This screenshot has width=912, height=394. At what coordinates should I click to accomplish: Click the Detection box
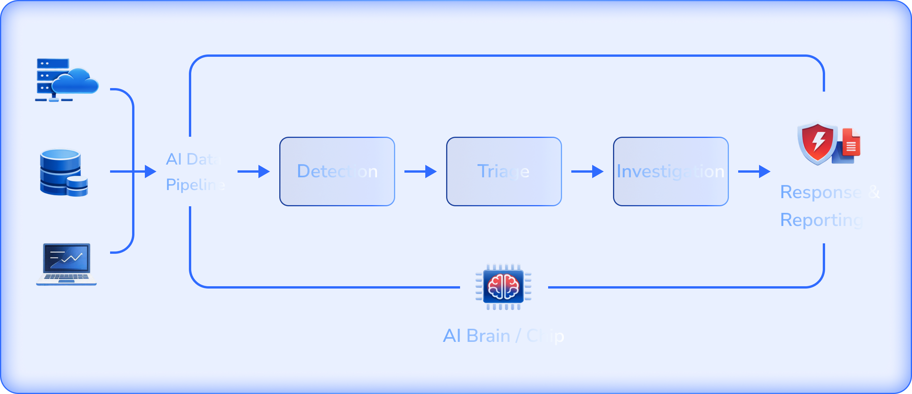coord(337,171)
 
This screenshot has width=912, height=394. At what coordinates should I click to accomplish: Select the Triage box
coord(504,171)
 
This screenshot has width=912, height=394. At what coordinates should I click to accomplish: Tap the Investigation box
coord(671,171)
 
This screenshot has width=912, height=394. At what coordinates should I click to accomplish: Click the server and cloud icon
coord(66,80)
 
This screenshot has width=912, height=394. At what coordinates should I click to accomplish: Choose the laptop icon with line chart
coord(66,264)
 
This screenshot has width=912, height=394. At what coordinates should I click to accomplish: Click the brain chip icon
coord(503,287)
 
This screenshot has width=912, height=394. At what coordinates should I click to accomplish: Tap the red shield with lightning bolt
coord(817,142)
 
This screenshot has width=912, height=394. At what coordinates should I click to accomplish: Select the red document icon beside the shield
coord(851,142)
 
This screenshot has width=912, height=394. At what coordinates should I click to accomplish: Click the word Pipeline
coord(195,185)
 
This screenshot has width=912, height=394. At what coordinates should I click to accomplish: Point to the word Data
coord(204,159)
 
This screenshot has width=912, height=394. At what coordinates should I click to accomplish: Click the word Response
coord(821,192)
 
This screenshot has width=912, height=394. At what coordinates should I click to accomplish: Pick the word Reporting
coord(822,220)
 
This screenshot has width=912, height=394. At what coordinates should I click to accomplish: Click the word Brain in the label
coord(488,336)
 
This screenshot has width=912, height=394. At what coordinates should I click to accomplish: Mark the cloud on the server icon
coord(75,80)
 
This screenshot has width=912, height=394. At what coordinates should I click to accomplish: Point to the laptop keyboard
coord(66,277)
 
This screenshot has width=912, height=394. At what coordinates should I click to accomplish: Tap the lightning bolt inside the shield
coord(818,141)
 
